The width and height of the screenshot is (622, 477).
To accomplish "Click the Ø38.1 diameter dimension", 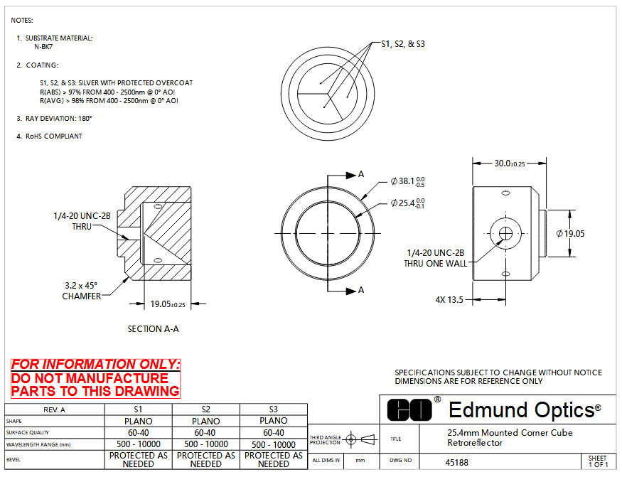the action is click(x=407, y=181).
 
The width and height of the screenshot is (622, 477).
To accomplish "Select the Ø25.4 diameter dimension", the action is click(x=407, y=203).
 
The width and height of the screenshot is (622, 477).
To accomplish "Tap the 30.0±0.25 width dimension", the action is click(x=510, y=163).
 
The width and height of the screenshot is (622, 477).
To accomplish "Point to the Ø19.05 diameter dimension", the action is click(x=570, y=234).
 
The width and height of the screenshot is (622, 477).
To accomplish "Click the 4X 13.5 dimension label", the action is click(x=449, y=299).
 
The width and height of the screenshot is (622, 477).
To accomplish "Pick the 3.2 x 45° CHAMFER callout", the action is click(x=81, y=291).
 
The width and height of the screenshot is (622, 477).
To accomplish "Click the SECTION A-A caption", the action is click(x=153, y=329).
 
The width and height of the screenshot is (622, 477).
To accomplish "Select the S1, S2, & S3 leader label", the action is click(x=403, y=44).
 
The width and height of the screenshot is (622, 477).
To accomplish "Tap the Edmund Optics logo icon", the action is click(x=409, y=410).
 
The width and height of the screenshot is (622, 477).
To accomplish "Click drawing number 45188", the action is click(x=456, y=462).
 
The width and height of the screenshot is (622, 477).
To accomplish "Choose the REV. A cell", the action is click(x=55, y=409).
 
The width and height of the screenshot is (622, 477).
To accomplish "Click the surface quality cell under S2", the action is click(x=206, y=432).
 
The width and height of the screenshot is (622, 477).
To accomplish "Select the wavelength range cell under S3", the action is click(x=274, y=444).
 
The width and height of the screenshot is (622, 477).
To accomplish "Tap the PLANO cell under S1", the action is click(x=139, y=421).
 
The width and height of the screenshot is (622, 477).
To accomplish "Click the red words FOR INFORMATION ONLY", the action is click(x=95, y=364).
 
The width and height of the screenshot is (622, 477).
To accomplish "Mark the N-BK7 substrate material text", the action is click(x=43, y=47).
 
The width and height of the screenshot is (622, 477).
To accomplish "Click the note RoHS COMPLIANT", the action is click(x=53, y=136).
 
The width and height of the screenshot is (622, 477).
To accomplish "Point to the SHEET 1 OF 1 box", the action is click(x=599, y=461).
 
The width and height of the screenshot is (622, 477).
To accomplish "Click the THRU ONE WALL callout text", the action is click(x=435, y=264).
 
